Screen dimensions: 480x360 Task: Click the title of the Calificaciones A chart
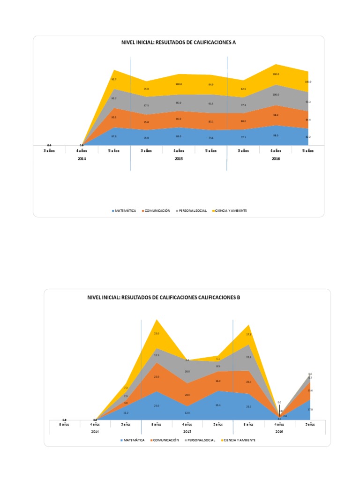pos(179,42)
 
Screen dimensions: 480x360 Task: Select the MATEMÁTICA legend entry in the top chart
pos(124,211)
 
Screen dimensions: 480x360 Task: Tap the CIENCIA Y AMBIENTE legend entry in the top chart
pos(229,211)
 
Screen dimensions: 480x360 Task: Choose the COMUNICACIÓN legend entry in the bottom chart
pos(164,440)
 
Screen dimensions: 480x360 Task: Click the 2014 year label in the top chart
pos(82,159)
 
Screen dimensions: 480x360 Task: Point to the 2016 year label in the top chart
pos(276,159)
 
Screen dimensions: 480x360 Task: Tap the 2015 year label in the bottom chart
pos(187,431)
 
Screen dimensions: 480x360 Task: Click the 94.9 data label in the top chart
pos(210,84)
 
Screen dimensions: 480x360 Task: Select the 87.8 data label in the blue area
pos(113,136)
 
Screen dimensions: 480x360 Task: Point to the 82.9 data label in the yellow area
pos(243,89)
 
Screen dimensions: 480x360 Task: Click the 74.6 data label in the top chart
pos(210,137)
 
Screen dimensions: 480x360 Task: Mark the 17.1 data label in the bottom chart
pos(248,334)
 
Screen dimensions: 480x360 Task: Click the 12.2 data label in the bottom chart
pos(126,412)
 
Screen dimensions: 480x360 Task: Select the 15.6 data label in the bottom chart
pos(310,390)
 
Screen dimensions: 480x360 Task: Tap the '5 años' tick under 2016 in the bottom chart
pos(310,424)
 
